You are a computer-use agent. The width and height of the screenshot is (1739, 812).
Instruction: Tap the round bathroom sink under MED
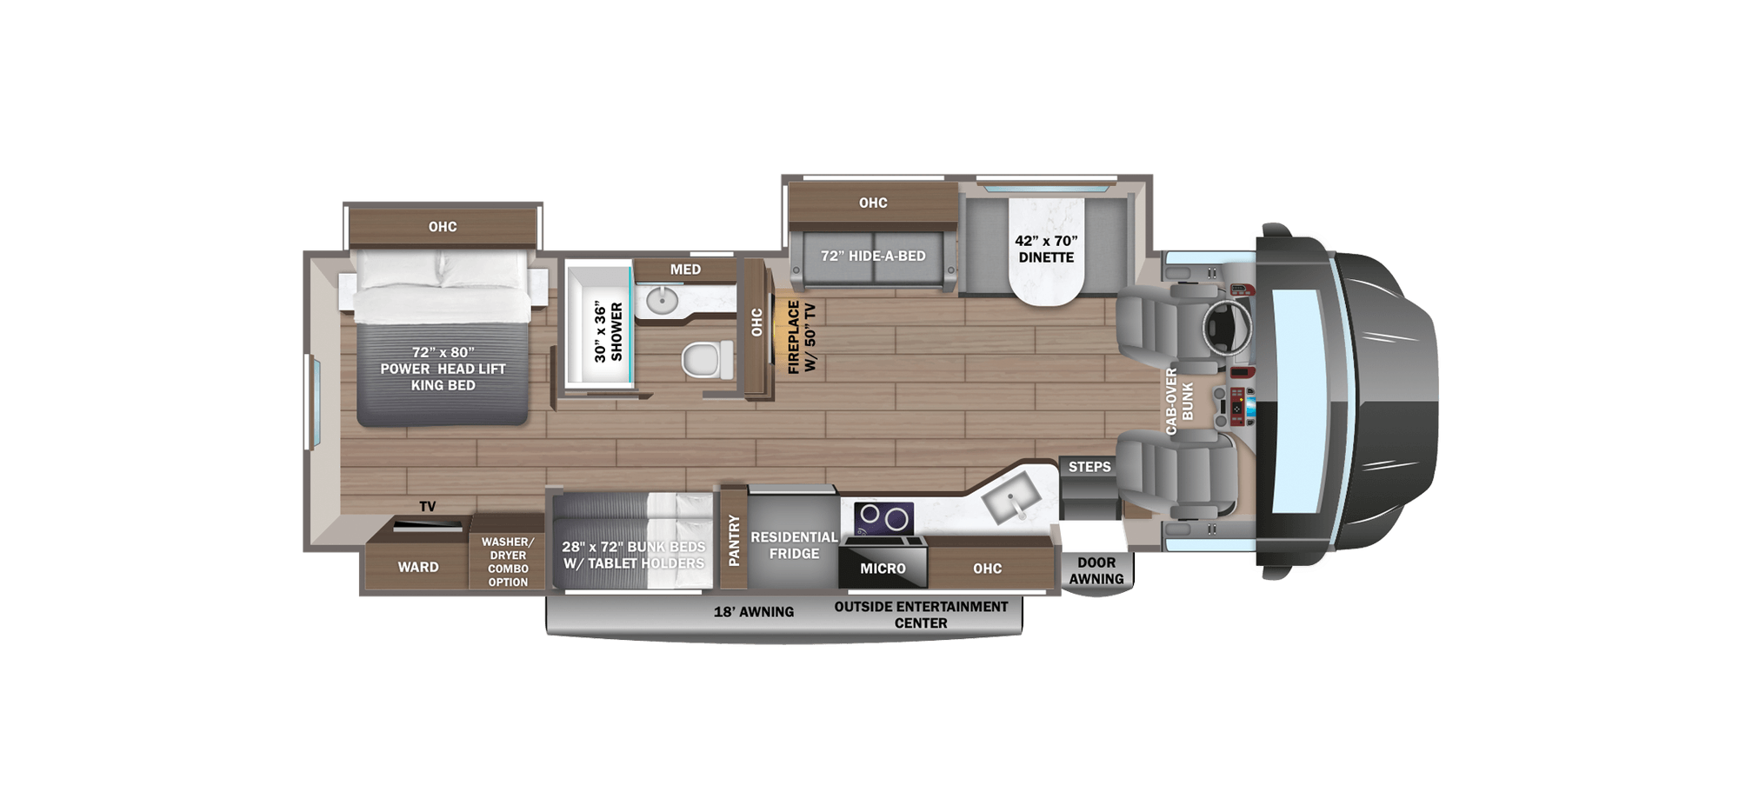[x=663, y=300]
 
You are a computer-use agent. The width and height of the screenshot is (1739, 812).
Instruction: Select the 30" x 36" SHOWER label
[x=608, y=331]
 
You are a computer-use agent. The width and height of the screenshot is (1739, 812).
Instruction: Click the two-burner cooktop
[x=883, y=518]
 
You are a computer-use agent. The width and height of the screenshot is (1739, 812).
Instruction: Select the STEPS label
[x=1089, y=467]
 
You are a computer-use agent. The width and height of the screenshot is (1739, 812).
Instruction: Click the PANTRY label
[x=734, y=540]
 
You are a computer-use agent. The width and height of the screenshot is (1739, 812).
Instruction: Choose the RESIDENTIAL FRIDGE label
[x=794, y=545]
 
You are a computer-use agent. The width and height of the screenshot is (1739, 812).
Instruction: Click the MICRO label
[x=883, y=569]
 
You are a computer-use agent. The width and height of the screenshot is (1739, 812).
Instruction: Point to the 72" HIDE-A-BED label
[x=873, y=256]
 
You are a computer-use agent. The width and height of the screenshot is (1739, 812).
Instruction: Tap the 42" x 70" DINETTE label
[x=1046, y=249]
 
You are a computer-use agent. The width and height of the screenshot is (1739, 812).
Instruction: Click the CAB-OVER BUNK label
[x=1179, y=401]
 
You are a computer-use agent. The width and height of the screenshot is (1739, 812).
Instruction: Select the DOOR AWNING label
[x=1096, y=570]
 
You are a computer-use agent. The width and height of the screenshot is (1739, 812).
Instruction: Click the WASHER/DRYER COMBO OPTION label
[x=508, y=562]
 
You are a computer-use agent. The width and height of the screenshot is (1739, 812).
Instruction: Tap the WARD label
[x=418, y=567]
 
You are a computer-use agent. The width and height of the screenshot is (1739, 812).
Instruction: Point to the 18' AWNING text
[x=753, y=612]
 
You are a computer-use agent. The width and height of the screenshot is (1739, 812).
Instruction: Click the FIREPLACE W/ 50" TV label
[x=801, y=337]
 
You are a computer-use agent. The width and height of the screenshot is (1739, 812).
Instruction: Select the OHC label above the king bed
[x=442, y=227]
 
